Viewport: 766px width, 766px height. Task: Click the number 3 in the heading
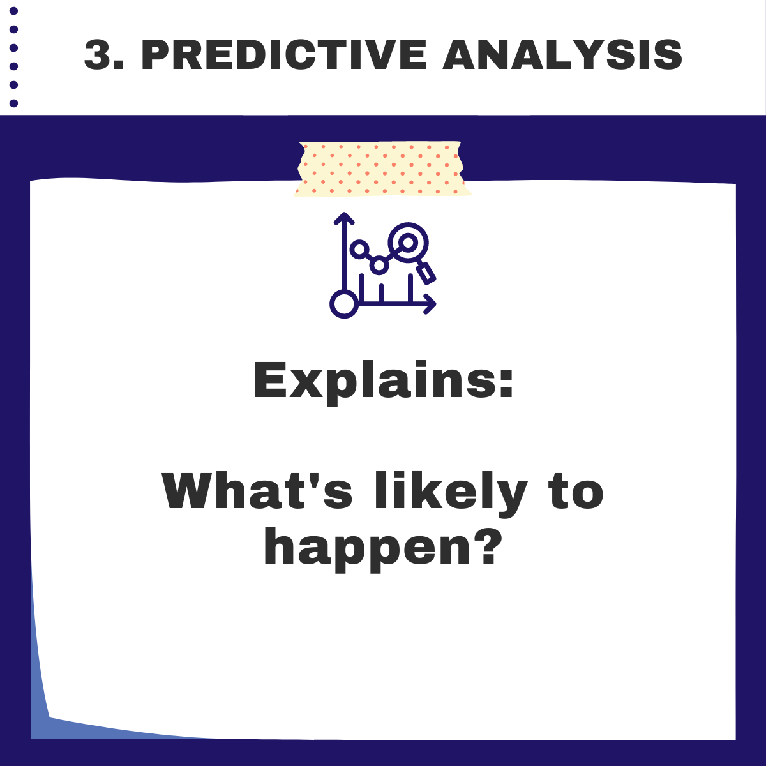(98, 54)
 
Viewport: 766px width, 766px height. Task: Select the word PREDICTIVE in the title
(283, 54)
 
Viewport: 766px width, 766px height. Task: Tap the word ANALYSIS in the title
(562, 54)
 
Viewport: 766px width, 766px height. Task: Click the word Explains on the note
(373, 381)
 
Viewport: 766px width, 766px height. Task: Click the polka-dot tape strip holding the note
(382, 169)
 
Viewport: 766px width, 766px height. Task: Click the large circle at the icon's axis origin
(344, 303)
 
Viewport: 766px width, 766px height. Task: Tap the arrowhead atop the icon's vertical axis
(344, 218)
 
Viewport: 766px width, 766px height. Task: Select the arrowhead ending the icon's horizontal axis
(431, 303)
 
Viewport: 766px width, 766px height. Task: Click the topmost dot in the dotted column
(14, 10)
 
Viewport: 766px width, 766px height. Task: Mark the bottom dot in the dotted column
(14, 103)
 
